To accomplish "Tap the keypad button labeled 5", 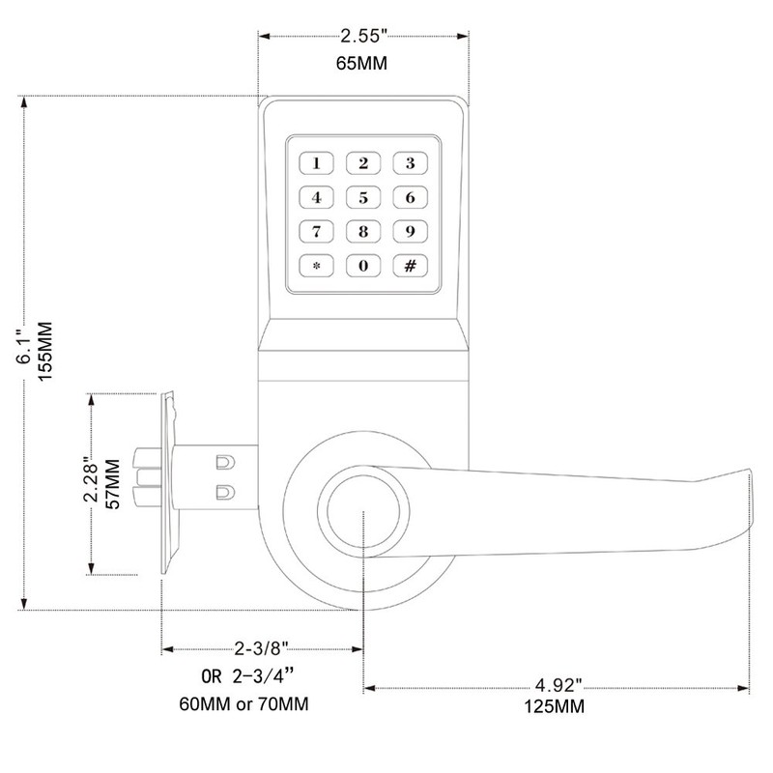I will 363,199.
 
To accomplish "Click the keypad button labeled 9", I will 410,231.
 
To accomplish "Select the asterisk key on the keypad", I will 317,264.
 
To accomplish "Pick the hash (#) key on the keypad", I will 410,264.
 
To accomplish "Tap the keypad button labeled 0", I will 363,264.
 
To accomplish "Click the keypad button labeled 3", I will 410,162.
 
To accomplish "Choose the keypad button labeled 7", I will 317,231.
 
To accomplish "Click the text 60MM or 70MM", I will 249,701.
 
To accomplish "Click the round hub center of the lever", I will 362,514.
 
